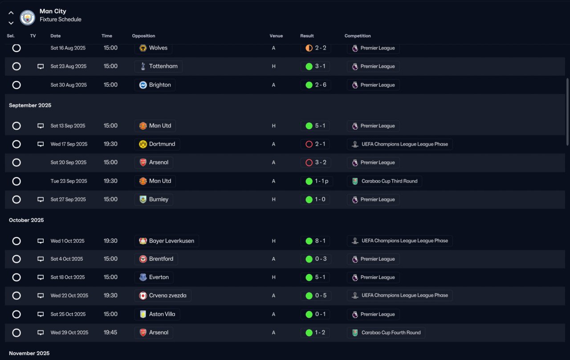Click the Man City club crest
point(28,17)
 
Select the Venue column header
point(276,36)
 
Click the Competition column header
point(358,36)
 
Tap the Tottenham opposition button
point(158,66)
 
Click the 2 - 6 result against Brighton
point(316,85)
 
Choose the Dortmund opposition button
point(157,144)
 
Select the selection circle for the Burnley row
point(16,200)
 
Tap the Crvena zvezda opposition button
point(163,296)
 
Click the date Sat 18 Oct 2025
point(68,278)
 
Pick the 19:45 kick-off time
point(110,332)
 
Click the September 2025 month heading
point(30,106)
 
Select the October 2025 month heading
point(27,221)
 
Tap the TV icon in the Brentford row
point(41,259)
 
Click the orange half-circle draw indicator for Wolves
point(309,48)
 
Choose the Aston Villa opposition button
point(157,314)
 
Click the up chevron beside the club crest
point(11,13)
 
